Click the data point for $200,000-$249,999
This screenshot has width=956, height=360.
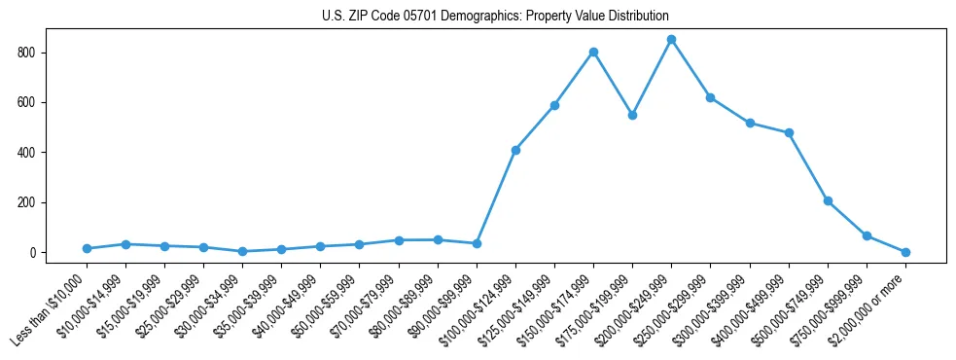coord(671,39)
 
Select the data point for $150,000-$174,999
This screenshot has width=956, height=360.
coord(593,52)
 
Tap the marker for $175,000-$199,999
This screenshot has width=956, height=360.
coord(632,115)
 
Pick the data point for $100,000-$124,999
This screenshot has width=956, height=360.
coord(515,150)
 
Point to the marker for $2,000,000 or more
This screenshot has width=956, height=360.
coord(905,252)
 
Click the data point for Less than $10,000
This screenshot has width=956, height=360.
coord(87,249)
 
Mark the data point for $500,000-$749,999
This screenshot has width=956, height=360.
coord(828,200)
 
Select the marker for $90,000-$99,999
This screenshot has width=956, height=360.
coord(477,243)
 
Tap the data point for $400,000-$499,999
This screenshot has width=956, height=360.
coord(789,132)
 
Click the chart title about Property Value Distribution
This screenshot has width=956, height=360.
coord(495,17)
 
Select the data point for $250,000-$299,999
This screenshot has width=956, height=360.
coord(710,97)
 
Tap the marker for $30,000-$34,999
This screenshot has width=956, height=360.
coord(242,251)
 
